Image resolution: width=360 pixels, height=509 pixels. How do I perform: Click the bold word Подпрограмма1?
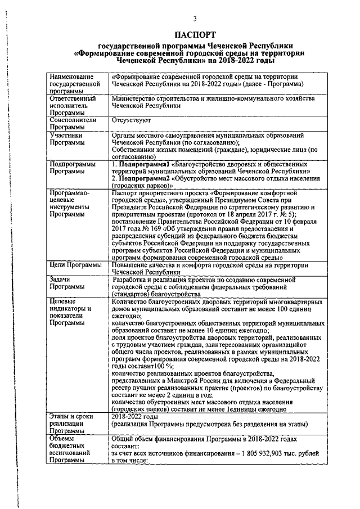tap(143, 163)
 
